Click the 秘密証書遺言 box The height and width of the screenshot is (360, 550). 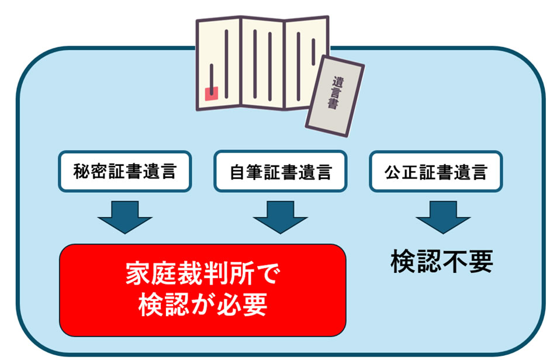[x=124, y=171]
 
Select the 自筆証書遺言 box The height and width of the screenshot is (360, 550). [x=280, y=171]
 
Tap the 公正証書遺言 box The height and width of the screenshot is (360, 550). [x=435, y=171]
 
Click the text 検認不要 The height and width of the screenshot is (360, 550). [x=442, y=262]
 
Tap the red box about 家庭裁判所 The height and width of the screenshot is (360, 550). [x=202, y=290]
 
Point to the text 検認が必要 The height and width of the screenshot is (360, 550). [x=203, y=304]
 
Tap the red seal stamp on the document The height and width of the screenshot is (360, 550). [x=211, y=93]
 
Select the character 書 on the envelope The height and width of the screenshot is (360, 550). [x=331, y=106]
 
